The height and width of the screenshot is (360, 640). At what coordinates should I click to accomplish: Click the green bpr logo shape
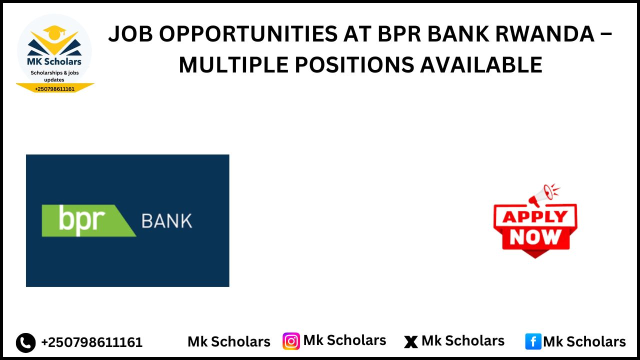pyautogui.click(x=87, y=220)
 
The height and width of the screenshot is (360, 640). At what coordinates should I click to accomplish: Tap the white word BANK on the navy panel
pyautogui.click(x=167, y=221)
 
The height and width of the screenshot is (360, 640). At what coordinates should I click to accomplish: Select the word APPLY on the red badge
pyautogui.click(x=535, y=217)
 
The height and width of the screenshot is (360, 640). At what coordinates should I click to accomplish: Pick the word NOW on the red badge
pyautogui.click(x=535, y=237)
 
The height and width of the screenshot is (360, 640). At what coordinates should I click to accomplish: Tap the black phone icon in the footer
pyautogui.click(x=26, y=342)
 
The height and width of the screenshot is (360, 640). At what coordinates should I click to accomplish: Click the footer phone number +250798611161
pyautogui.click(x=92, y=342)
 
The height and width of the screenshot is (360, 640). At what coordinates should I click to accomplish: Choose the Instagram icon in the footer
pyautogui.click(x=291, y=341)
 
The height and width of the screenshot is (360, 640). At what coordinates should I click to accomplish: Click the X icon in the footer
pyautogui.click(x=410, y=342)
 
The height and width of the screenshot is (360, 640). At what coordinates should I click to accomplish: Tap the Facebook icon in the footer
pyautogui.click(x=533, y=341)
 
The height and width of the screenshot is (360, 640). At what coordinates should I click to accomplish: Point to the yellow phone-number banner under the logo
pyautogui.click(x=54, y=88)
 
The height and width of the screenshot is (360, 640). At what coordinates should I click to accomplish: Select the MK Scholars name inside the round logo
pyautogui.click(x=54, y=62)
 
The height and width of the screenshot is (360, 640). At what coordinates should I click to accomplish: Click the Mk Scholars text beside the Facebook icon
pyautogui.click(x=584, y=341)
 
